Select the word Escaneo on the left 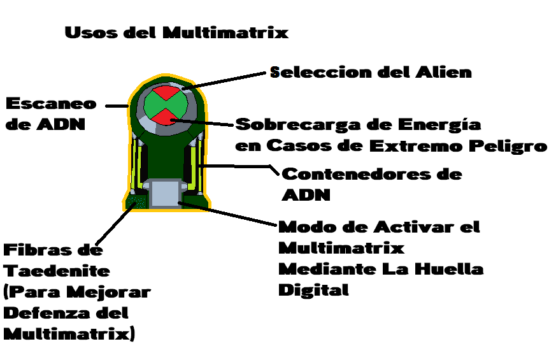[51, 104]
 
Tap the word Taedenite [57, 271]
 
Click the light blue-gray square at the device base [164, 192]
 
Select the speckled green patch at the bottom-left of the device [136, 203]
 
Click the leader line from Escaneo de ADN [117, 106]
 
